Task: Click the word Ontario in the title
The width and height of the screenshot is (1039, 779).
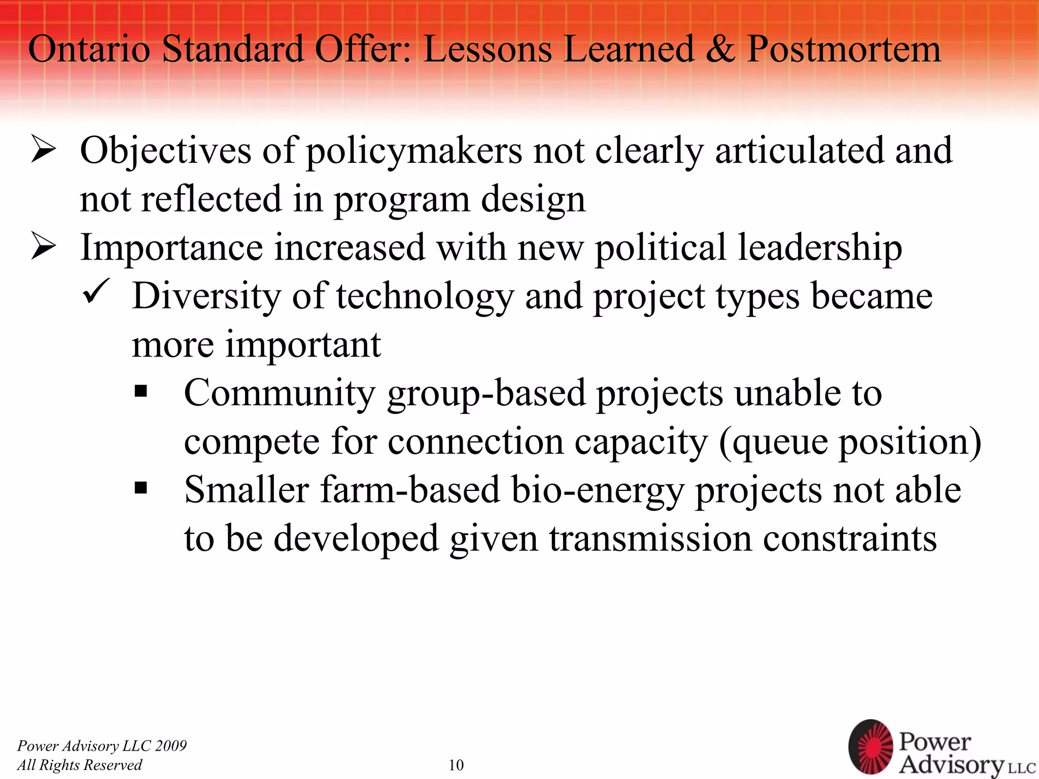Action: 89,49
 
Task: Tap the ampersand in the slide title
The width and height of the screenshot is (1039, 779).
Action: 720,49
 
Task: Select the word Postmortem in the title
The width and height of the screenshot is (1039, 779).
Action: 844,49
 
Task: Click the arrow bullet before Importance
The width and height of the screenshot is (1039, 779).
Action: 43,248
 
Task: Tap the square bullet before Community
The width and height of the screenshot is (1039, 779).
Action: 141,391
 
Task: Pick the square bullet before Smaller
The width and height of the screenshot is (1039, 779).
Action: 141,488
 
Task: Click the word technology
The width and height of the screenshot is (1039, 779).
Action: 425,297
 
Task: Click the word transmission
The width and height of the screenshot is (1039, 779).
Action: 650,539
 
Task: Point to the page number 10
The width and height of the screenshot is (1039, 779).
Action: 456,765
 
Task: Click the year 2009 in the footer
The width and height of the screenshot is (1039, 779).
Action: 171,746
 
